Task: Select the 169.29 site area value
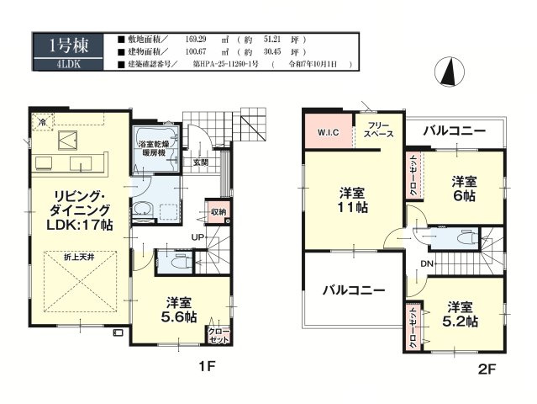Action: point(207,40)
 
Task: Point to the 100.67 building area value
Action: point(207,51)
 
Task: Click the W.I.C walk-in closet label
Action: point(327,133)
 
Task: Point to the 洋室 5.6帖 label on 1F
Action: point(181,310)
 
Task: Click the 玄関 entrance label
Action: point(201,162)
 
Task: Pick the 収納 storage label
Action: point(218,212)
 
